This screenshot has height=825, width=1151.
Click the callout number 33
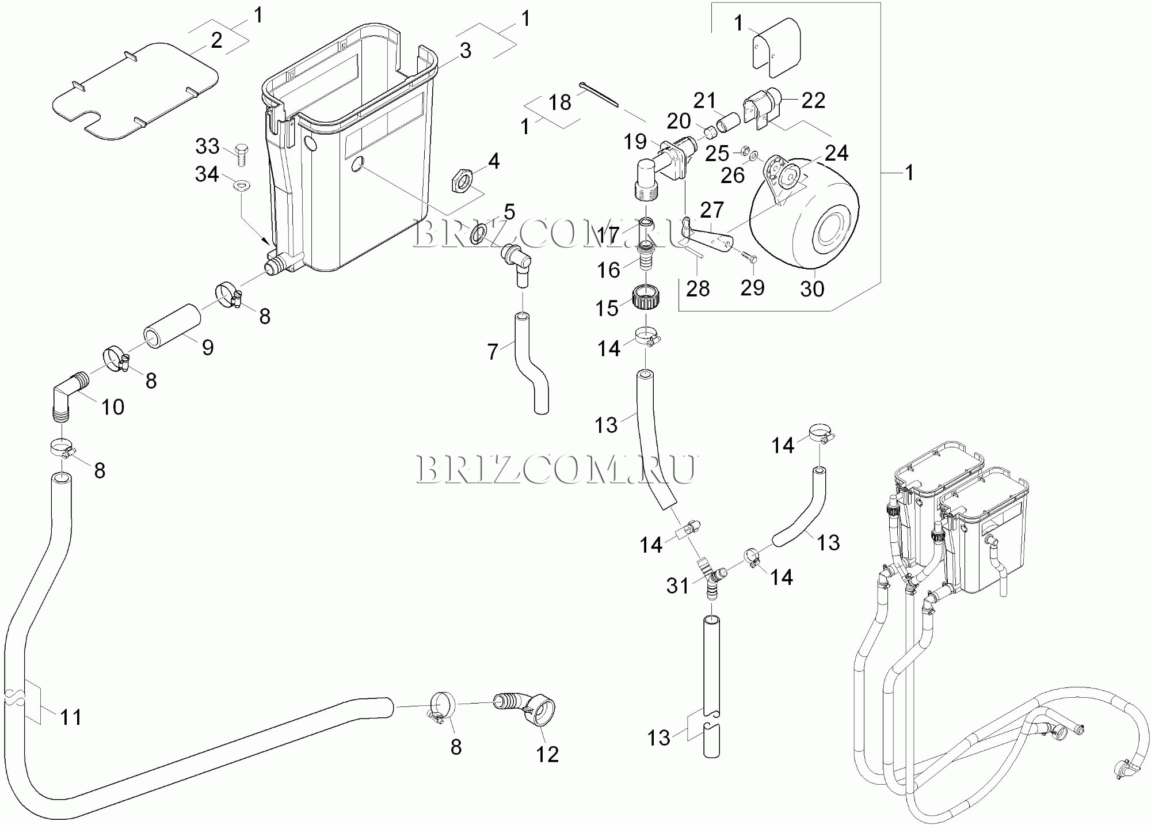tap(207, 146)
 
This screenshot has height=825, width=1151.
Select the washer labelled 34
tap(242, 185)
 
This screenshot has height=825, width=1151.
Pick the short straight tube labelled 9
tap(172, 326)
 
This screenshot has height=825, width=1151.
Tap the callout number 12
tap(547, 754)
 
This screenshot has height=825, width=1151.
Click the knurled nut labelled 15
tap(646, 297)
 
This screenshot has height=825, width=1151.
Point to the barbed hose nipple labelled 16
tap(646, 257)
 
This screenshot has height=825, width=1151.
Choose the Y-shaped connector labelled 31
tap(712, 578)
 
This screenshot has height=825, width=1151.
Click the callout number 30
tap(812, 289)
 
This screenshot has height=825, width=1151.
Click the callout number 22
tap(813, 101)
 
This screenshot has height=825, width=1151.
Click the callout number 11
tap(71, 717)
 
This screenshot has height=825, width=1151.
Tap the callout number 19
tap(635, 142)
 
